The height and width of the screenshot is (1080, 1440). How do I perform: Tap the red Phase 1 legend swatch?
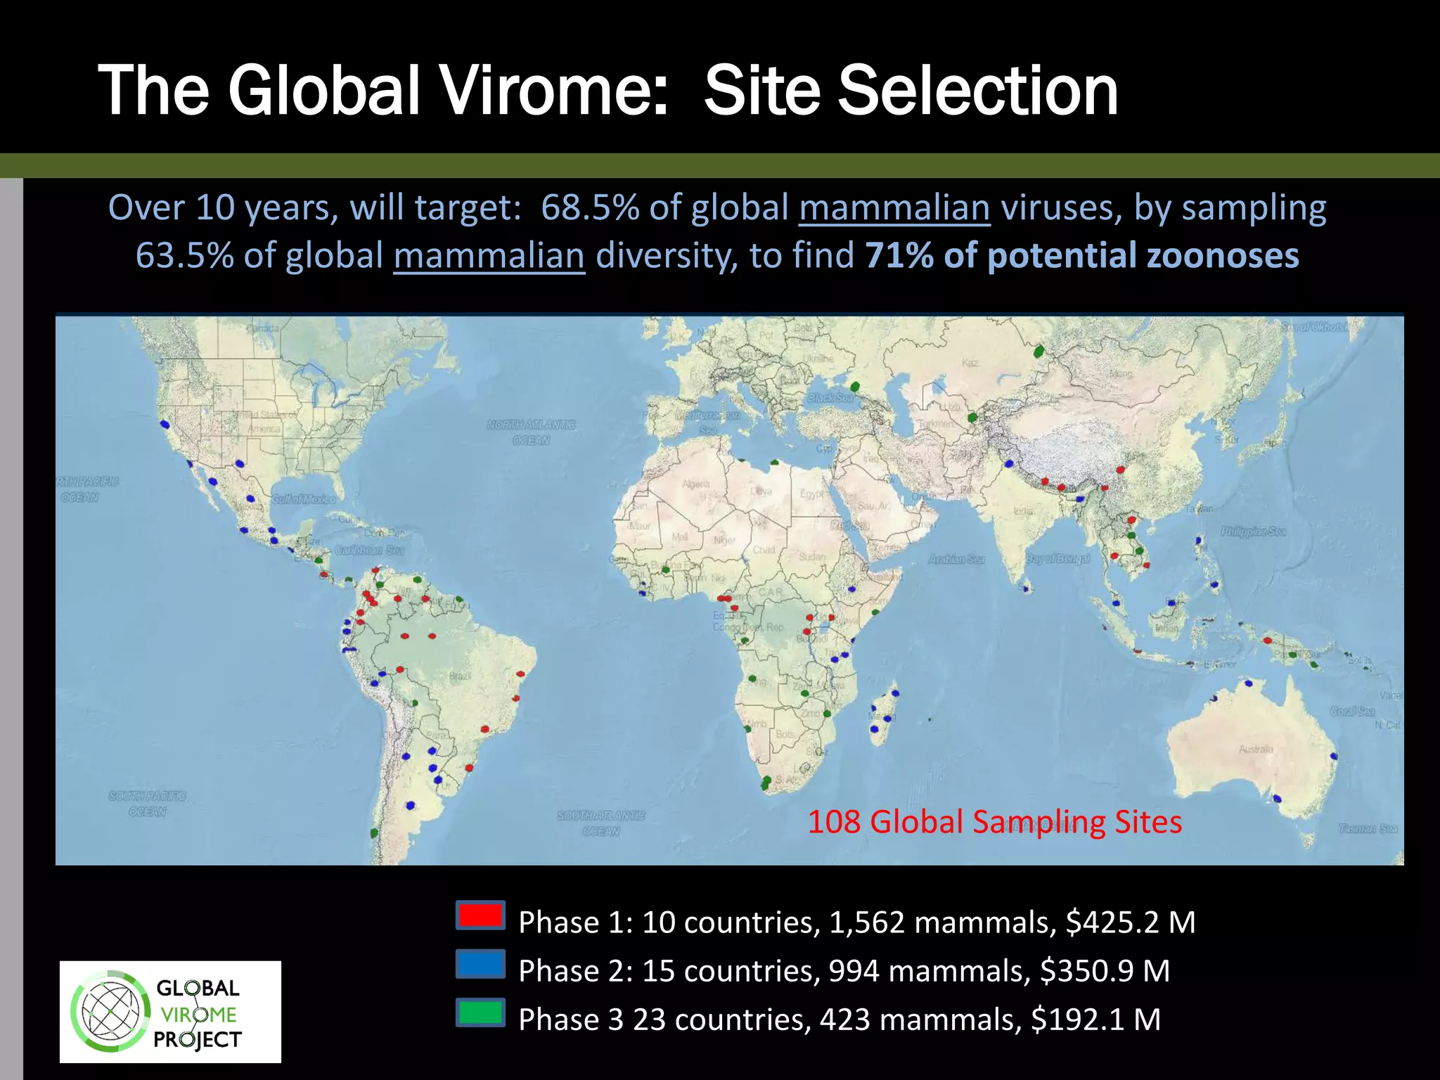pos(480,915)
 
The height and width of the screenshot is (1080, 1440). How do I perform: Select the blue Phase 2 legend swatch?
pos(480,964)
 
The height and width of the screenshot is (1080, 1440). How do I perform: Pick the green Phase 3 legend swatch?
pos(480,1012)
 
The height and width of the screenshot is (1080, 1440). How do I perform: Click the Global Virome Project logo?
pos(170,1012)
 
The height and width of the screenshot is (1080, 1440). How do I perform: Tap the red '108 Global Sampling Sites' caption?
pos(994,821)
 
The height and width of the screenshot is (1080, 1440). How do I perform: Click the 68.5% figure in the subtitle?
pos(591,208)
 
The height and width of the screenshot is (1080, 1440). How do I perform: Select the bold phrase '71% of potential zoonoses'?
pos(1081,255)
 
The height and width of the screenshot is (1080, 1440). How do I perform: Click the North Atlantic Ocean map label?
pos(532,432)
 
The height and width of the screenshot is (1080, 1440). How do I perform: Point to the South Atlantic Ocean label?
pos(601,823)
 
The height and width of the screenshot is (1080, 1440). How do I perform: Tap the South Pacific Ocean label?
pos(148,804)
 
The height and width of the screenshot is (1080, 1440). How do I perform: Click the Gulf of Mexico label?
pos(304,499)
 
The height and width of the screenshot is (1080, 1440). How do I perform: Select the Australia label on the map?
pos(1256,750)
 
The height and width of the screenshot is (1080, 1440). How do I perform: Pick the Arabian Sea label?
pos(956,560)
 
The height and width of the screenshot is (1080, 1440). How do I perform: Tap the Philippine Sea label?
pos(1254,532)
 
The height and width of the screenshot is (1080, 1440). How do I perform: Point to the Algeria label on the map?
pos(696,484)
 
